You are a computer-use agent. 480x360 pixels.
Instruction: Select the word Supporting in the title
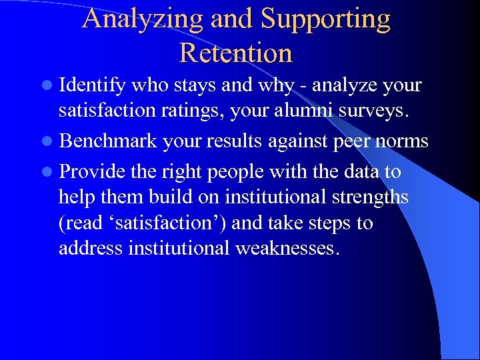click(x=325, y=19)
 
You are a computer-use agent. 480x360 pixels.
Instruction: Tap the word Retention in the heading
click(x=236, y=53)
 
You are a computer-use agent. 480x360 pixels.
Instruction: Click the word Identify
click(x=93, y=86)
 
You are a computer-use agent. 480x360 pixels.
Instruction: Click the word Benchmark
click(x=107, y=141)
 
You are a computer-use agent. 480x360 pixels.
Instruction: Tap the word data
click(x=361, y=171)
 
